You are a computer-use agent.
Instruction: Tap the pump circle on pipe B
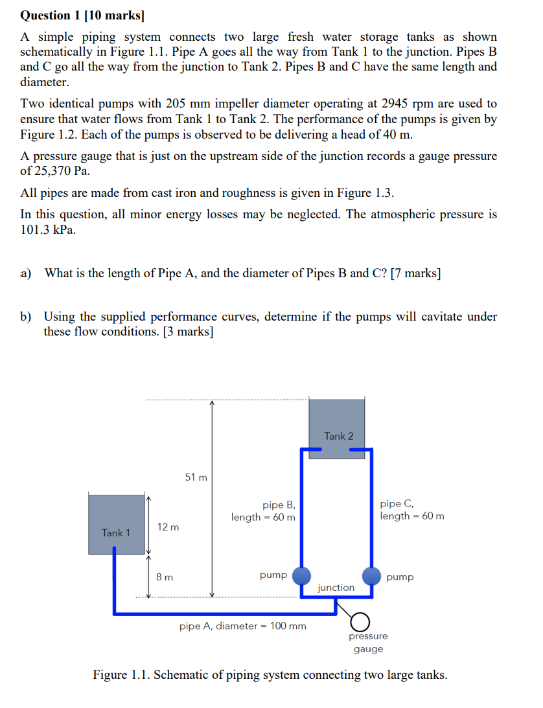click(x=301, y=575)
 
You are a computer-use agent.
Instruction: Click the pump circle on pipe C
click(x=371, y=575)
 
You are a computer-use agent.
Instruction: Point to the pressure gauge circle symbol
click(x=360, y=622)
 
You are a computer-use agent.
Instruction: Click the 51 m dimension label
click(x=196, y=477)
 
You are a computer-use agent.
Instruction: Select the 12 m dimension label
click(x=168, y=527)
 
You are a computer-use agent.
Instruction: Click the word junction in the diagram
click(x=336, y=588)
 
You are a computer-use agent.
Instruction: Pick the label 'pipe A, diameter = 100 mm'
click(x=242, y=626)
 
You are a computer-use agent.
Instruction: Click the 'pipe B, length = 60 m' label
click(x=264, y=511)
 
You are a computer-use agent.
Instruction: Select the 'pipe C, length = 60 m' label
click(x=411, y=510)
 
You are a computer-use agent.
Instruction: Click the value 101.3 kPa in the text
click(x=48, y=229)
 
